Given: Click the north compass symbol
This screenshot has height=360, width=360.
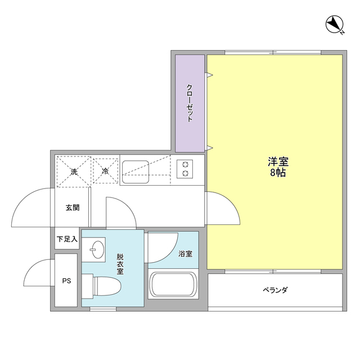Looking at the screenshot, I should click(x=335, y=25).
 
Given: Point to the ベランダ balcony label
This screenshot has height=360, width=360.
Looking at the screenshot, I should click(x=275, y=290).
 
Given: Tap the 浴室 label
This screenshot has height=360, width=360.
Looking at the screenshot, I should click(x=185, y=254).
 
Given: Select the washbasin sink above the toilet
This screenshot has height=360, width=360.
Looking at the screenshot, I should click(x=97, y=249).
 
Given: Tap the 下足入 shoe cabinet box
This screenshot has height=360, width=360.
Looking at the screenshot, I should click(x=66, y=239).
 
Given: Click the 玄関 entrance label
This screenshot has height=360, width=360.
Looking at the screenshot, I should click(x=73, y=208).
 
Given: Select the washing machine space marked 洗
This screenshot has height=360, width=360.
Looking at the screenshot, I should click(x=74, y=170).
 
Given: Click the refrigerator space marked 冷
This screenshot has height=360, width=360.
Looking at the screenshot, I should click(x=105, y=170).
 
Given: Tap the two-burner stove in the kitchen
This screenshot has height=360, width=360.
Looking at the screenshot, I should click(x=185, y=169).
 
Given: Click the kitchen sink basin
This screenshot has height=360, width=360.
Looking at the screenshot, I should click(x=136, y=169).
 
